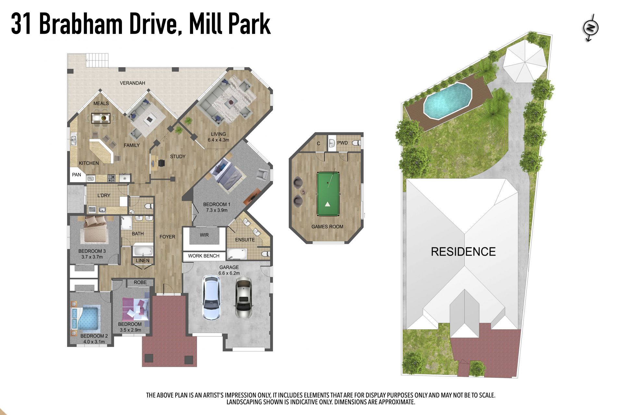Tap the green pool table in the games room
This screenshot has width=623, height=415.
tap(328, 194)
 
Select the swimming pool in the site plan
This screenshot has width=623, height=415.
tap(447, 101)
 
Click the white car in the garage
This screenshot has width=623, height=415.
tap(212, 297)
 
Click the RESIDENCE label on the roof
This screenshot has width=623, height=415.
tap(463, 252)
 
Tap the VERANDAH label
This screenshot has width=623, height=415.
tap(132, 83)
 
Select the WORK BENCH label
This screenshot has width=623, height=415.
tap(204, 256)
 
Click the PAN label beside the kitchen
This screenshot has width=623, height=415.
tap(77, 175)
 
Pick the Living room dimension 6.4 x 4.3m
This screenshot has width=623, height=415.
tap(218, 140)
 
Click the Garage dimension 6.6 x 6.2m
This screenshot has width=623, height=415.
tap(229, 273)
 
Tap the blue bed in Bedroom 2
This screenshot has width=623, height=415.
tap(85, 318)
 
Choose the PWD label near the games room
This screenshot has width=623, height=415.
tap(342, 143)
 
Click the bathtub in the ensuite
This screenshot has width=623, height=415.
tap(237, 254)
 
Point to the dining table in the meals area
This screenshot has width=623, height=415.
tap(101, 118)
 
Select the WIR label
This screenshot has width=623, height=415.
tap(204, 235)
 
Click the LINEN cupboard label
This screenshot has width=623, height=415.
tap(143, 261)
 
